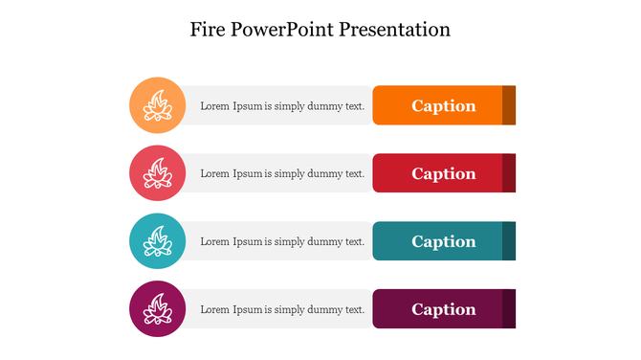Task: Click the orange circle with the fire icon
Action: tap(157, 105)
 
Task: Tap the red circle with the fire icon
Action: tap(157, 173)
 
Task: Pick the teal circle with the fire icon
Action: tap(157, 241)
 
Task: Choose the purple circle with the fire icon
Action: tap(157, 309)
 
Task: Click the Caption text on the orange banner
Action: tap(444, 105)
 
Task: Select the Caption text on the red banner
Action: tap(444, 173)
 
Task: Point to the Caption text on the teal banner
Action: tap(444, 241)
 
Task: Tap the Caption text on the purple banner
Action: tap(444, 309)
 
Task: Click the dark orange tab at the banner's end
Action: tap(509, 105)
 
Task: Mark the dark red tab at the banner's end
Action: tap(509, 173)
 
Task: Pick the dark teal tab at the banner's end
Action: tap(509, 241)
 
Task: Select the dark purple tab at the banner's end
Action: tap(509, 309)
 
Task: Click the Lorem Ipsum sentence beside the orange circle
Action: tap(282, 105)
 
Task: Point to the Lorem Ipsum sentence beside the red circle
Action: tap(282, 173)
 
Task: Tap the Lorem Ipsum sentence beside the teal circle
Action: tap(282, 241)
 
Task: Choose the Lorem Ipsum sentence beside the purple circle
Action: tap(282, 309)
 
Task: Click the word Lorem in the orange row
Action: tap(215, 105)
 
